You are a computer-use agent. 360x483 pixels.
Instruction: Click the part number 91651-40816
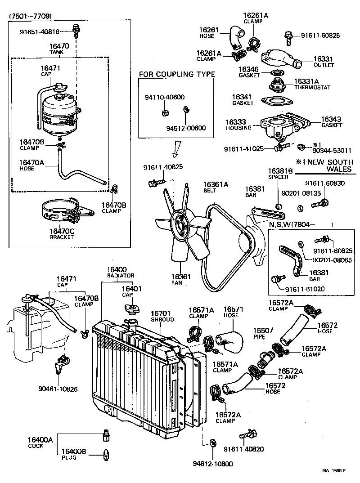[x=40, y=31]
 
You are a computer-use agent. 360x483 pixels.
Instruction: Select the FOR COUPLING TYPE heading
[x=176, y=74]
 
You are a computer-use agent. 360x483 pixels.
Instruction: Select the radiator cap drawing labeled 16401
[x=131, y=309]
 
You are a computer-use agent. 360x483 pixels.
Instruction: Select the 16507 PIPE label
[x=262, y=333]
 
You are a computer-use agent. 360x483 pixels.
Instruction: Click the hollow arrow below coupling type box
[x=177, y=147]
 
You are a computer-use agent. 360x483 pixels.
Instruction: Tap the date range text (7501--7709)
[x=30, y=16]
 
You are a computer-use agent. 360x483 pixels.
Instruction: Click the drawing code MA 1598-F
[x=333, y=471]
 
